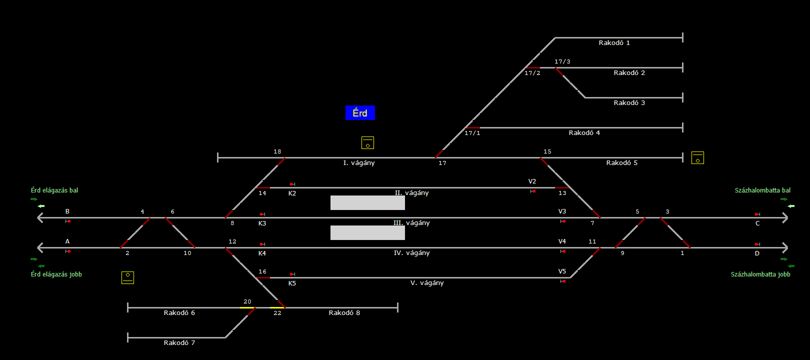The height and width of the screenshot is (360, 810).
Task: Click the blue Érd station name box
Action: (360, 113)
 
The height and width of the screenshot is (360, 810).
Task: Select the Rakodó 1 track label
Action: (614, 43)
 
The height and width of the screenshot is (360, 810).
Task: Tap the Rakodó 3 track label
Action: (629, 103)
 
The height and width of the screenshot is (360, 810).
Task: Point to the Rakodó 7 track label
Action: (179, 343)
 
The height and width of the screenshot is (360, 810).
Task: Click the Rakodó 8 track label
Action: (344, 313)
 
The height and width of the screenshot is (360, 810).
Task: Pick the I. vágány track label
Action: (358, 163)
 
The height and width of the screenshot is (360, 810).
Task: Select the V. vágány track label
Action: (426, 283)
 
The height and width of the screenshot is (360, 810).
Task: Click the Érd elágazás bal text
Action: (54, 190)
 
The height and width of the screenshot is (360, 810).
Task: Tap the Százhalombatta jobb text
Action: (760, 274)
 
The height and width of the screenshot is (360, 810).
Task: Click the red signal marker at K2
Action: (292, 184)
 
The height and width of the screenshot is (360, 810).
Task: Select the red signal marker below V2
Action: (533, 191)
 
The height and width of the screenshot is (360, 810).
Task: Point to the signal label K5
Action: (292, 283)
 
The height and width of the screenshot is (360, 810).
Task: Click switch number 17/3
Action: (562, 62)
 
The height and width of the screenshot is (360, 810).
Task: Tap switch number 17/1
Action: (472, 133)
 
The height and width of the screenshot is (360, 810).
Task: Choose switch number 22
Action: (277, 313)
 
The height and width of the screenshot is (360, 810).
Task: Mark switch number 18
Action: (277, 151)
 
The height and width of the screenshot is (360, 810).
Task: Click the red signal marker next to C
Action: (757, 214)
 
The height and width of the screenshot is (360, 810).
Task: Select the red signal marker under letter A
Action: (68, 251)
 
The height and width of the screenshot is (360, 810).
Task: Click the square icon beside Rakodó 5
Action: (697, 158)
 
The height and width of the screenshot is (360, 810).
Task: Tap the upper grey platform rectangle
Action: (367, 202)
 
